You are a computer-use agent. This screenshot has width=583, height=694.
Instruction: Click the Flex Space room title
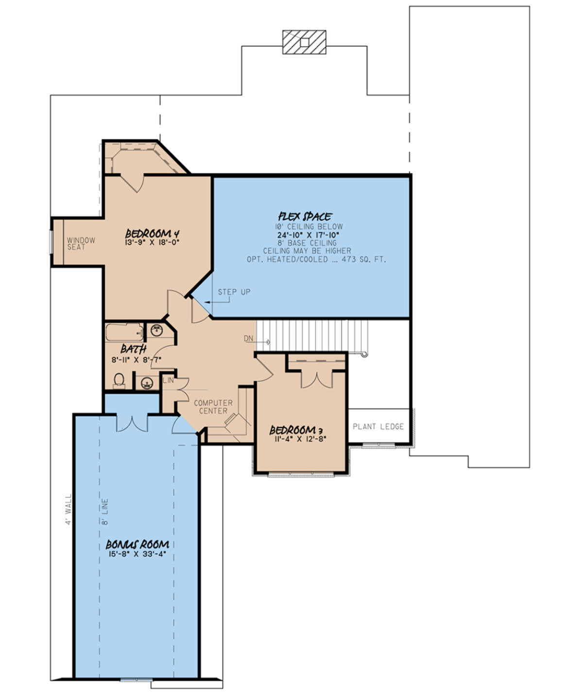click(x=305, y=217)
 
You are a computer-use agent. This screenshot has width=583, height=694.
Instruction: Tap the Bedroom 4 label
click(x=153, y=233)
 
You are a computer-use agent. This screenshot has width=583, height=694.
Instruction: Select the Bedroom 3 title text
click(x=296, y=430)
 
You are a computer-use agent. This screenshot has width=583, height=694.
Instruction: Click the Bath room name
click(x=134, y=349)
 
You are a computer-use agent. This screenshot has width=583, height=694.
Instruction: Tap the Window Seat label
click(x=81, y=244)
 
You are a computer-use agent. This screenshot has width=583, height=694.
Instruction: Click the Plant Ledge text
click(x=378, y=426)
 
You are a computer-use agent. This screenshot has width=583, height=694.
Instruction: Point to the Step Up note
click(x=234, y=292)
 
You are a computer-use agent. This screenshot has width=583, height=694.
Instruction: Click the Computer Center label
click(x=213, y=407)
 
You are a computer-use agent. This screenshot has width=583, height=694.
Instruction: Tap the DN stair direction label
click(x=248, y=339)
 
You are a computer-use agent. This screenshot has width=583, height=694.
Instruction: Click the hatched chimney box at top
click(x=304, y=42)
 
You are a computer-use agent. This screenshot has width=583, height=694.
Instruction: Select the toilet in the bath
click(x=119, y=381)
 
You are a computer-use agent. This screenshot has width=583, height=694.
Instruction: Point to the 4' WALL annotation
click(x=68, y=509)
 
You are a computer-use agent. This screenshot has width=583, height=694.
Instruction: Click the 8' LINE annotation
click(x=105, y=511)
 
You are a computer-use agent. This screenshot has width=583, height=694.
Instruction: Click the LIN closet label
click(x=169, y=380)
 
